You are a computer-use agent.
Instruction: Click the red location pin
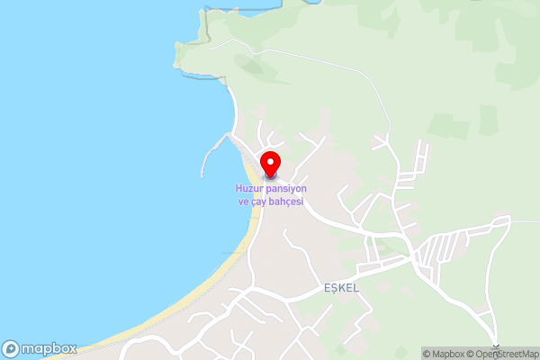(270, 163)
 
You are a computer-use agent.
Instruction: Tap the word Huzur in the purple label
(251, 188)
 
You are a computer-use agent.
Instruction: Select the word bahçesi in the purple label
(283, 202)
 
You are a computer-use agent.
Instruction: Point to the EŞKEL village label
(341, 288)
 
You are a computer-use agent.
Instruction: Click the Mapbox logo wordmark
(50, 348)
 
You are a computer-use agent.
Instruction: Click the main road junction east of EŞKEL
(413, 256)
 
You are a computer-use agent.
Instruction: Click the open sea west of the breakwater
(108, 162)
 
